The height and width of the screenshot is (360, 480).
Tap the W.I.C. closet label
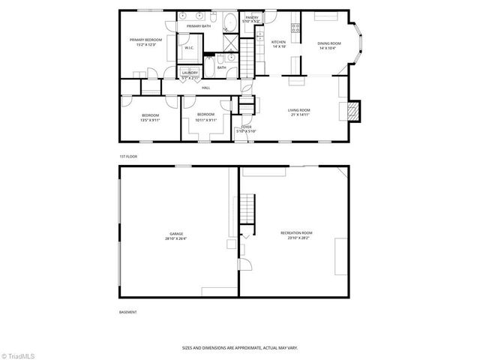coord(190,49)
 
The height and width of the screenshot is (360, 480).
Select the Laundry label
coord(190,72)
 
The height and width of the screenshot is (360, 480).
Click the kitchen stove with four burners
coord(295,28)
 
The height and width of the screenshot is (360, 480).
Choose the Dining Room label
coord(330,43)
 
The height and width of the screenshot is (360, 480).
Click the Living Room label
coord(299,111)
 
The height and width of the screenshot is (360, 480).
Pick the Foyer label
coord(245,127)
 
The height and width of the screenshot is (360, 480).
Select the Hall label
coord(205,88)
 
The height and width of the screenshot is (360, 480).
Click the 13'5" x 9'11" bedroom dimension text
coord(151,120)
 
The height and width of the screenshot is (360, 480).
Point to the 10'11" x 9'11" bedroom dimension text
coord(205,120)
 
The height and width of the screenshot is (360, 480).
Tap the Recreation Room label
coord(296,233)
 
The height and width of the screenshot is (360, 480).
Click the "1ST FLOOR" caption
coord(128,156)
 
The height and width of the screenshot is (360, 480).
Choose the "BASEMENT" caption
coord(128,311)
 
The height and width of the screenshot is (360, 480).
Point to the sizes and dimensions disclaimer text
coord(240,348)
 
